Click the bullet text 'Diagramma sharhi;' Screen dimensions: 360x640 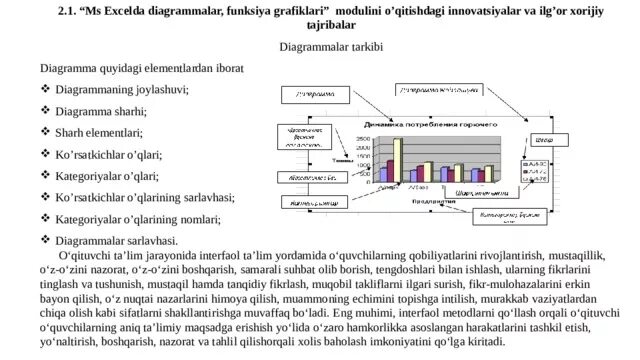100,110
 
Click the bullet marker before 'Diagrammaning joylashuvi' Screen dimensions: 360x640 45,89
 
